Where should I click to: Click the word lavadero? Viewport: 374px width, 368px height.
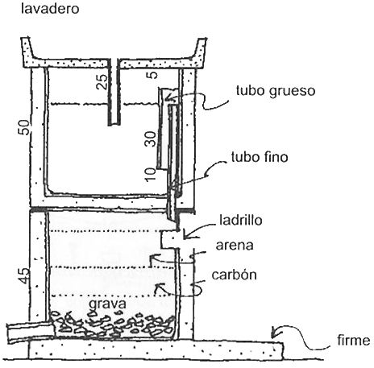(50, 9)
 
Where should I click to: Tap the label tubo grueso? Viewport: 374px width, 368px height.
(276, 92)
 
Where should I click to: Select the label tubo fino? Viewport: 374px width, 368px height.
(260, 157)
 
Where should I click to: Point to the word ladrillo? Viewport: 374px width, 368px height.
(241, 220)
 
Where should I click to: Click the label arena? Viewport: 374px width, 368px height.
(235, 246)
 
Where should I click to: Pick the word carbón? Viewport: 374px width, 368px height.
(235, 275)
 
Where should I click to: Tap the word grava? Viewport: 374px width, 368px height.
(107, 304)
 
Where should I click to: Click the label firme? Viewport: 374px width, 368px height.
(354, 341)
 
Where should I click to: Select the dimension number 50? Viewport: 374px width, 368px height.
(23, 127)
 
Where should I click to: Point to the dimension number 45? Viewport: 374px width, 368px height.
(24, 275)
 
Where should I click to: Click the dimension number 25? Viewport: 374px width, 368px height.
(102, 81)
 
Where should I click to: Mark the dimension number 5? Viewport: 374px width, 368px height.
(152, 74)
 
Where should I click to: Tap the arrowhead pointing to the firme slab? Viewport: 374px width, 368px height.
(273, 333)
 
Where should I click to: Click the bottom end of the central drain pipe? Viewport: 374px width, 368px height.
(114, 124)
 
